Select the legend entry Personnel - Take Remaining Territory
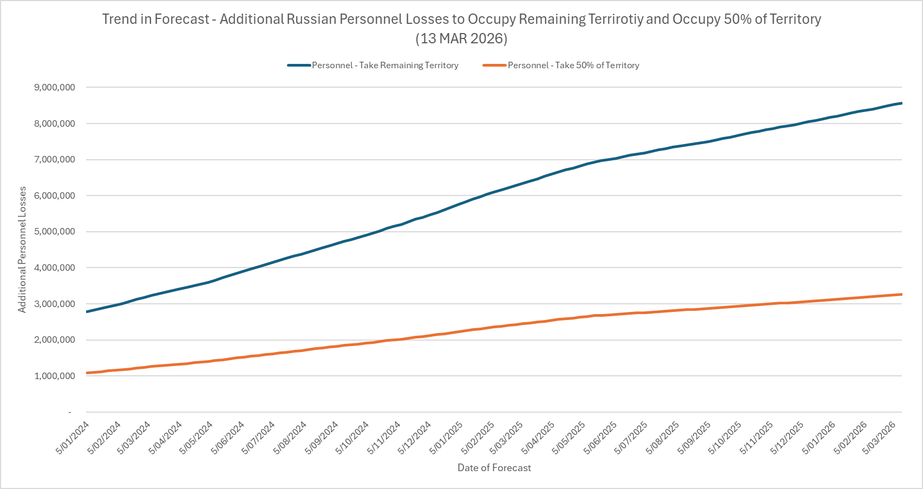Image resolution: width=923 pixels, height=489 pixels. point(385,66)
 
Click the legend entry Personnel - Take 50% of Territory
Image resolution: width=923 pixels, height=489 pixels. point(573,66)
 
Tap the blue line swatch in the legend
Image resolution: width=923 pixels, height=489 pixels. point(299,66)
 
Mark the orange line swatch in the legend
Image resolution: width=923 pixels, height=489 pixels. point(494,66)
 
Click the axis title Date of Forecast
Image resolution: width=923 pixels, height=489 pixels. point(494,468)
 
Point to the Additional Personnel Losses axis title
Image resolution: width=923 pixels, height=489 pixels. point(22,250)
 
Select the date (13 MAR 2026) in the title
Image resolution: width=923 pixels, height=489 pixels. point(461,39)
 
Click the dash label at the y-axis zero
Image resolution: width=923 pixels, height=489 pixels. point(70,412)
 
